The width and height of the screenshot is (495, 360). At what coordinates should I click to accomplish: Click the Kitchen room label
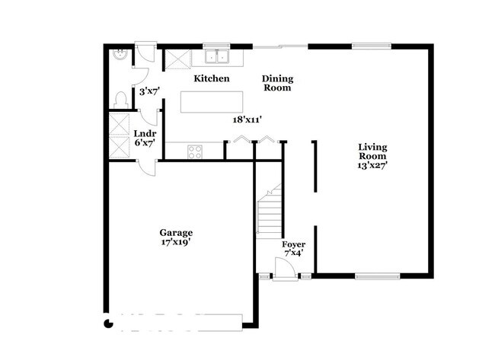tap(211, 78)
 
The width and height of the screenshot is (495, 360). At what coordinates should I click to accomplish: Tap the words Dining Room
tap(277, 83)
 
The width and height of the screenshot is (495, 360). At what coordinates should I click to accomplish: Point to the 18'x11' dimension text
tap(248, 119)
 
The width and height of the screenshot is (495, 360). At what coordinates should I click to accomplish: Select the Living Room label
tap(373, 151)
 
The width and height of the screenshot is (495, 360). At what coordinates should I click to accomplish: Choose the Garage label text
tap(175, 232)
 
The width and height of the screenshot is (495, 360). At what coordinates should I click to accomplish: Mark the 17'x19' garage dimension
tap(175, 243)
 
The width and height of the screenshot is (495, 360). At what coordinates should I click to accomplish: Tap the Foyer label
tap(293, 244)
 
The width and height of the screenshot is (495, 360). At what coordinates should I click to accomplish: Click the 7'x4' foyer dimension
tap(293, 253)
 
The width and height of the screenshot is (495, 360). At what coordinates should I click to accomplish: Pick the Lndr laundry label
tap(145, 132)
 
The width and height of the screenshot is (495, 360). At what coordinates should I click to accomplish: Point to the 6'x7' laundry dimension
tap(145, 142)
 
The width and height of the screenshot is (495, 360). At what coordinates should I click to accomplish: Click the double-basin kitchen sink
tap(216, 56)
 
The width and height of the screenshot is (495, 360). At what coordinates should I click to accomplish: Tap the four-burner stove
tap(195, 151)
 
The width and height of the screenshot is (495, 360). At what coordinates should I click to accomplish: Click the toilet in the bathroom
tap(120, 99)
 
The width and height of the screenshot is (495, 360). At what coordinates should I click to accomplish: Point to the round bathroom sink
tap(119, 55)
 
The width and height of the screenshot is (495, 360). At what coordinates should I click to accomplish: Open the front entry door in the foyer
tap(284, 268)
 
